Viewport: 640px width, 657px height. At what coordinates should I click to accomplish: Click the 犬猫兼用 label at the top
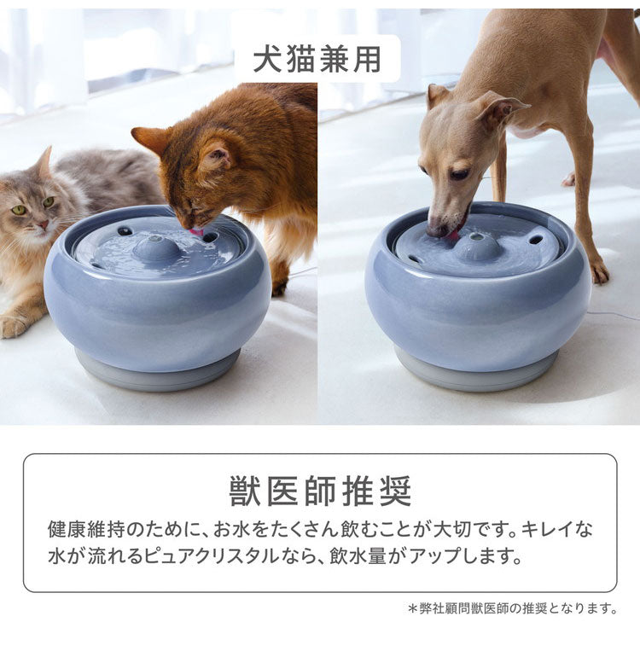tap(317, 58)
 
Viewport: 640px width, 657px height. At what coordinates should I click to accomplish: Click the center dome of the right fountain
tap(478, 246)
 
